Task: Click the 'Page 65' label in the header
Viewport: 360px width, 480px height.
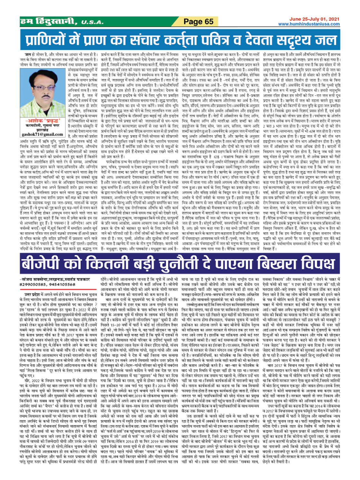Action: coord(198,22)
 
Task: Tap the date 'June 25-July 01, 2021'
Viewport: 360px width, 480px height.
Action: coord(314,19)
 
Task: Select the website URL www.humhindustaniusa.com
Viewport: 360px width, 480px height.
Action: coord(309,24)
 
